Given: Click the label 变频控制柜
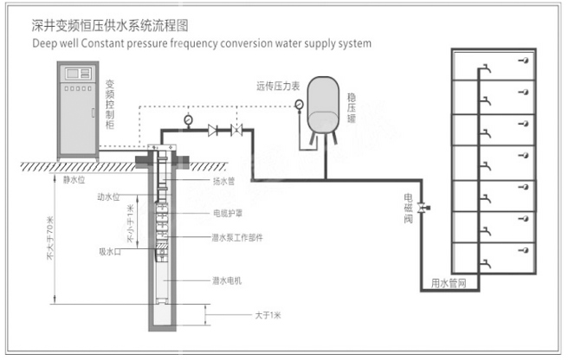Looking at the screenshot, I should (x=110, y=106).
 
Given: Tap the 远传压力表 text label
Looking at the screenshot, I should (x=276, y=87).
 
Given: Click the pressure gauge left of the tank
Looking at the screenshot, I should (x=299, y=106).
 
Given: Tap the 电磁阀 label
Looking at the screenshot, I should (x=408, y=208).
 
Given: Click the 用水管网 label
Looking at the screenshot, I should (x=449, y=282).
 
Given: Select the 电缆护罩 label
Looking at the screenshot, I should (x=228, y=212).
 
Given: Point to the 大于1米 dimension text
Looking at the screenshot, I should (x=269, y=315).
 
